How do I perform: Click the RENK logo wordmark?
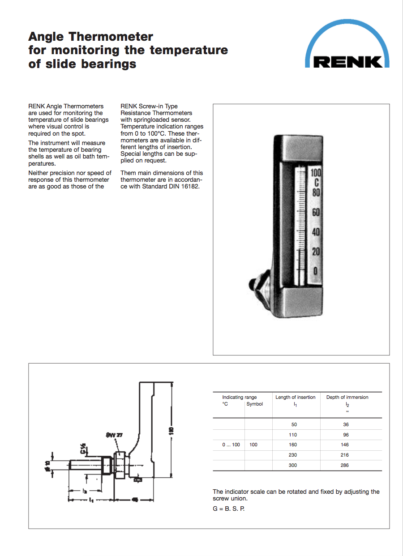pyautogui.click(x=348, y=61)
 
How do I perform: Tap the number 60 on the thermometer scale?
pyautogui.click(x=316, y=212)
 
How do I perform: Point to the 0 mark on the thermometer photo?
pyautogui.click(x=316, y=271)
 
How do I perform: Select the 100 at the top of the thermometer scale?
pyautogui.click(x=316, y=172)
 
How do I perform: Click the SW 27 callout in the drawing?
pyautogui.click(x=114, y=435)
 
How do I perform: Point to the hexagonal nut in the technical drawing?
pyautogui.click(x=120, y=466)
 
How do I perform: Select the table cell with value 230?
pyautogui.click(x=294, y=455)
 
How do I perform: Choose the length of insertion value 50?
pyautogui.click(x=294, y=424)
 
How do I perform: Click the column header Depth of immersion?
pyautogui.click(x=347, y=397)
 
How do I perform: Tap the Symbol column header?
pyautogui.click(x=254, y=404)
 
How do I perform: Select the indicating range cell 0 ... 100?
pyautogui.click(x=231, y=445)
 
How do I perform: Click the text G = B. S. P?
pyautogui.click(x=228, y=509)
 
